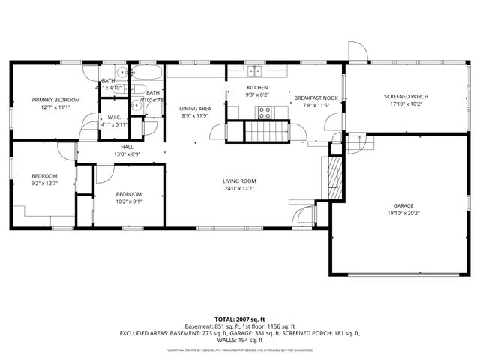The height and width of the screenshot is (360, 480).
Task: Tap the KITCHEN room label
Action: [257, 88]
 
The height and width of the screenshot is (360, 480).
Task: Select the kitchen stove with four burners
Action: [265, 112]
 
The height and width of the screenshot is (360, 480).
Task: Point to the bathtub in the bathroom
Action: [145, 74]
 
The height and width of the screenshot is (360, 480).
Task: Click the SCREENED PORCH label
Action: [406, 97]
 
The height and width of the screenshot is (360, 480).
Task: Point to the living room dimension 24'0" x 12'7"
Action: [239, 189]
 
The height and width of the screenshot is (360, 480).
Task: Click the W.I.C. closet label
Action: [114, 117]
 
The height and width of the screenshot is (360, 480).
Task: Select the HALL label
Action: [127, 147]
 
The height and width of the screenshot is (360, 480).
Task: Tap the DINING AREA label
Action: [195, 108]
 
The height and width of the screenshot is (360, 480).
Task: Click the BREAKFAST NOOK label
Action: [316, 97]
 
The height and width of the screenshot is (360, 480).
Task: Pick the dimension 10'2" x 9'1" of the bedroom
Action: [128, 201]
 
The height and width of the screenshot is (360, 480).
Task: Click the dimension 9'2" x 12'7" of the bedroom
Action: [44, 183]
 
